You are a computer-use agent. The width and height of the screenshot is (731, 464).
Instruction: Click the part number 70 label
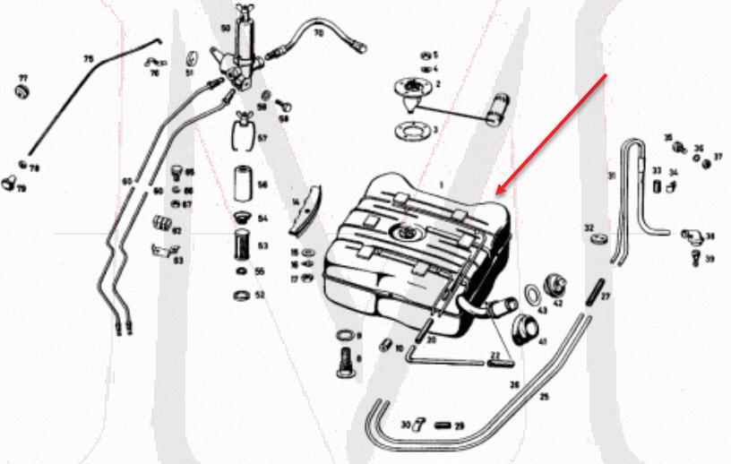tap(318, 33)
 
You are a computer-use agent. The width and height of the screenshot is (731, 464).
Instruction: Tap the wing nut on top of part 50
tap(243, 10)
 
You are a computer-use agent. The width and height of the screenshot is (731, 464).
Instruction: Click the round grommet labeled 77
tap(23, 92)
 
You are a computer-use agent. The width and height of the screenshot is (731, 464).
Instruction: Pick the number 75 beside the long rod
tap(89, 59)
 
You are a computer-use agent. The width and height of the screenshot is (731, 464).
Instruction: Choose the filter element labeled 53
tap(239, 245)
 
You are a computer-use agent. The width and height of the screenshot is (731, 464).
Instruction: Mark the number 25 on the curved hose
tap(546, 395)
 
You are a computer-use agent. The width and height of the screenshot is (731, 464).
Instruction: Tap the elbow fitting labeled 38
tap(692, 237)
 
